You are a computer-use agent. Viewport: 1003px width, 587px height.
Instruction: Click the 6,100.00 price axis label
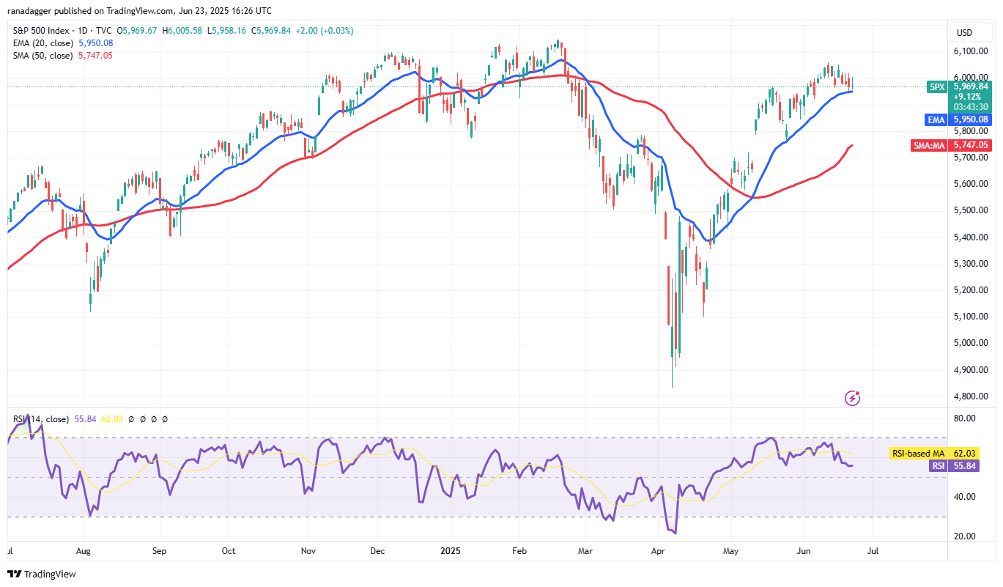(x=971, y=51)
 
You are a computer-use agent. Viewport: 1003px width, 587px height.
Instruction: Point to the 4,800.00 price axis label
(x=971, y=396)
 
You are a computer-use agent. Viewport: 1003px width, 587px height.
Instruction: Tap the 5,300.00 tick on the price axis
(x=971, y=264)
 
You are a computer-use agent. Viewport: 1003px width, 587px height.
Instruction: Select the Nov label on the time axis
(x=308, y=550)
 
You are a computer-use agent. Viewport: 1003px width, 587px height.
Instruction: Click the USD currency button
(x=964, y=32)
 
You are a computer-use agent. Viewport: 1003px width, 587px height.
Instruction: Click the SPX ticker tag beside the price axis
(x=937, y=86)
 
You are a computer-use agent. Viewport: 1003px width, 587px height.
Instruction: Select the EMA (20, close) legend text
(x=43, y=43)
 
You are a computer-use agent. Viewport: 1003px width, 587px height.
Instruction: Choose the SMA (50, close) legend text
(x=43, y=55)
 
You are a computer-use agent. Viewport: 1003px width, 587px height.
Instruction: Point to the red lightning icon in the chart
(x=852, y=398)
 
